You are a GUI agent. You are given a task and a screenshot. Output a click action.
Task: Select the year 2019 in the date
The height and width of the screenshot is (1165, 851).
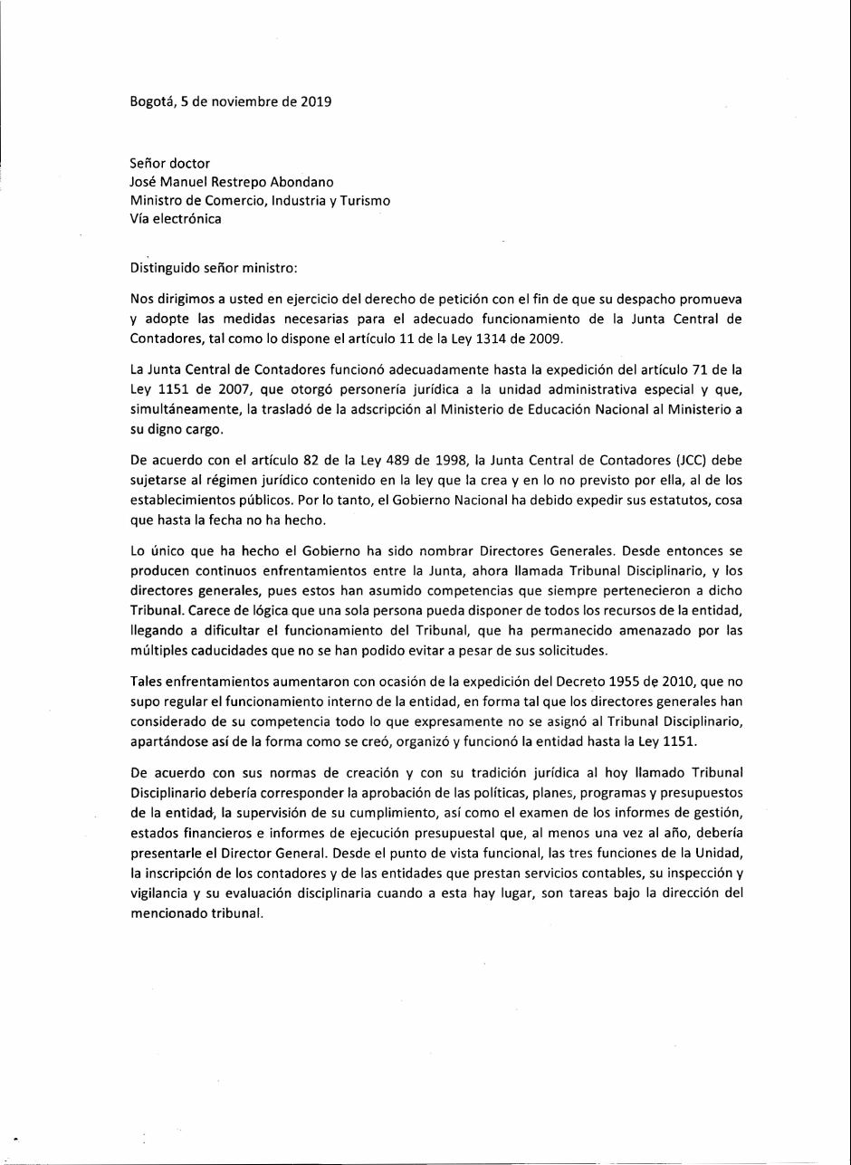coord(316,102)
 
